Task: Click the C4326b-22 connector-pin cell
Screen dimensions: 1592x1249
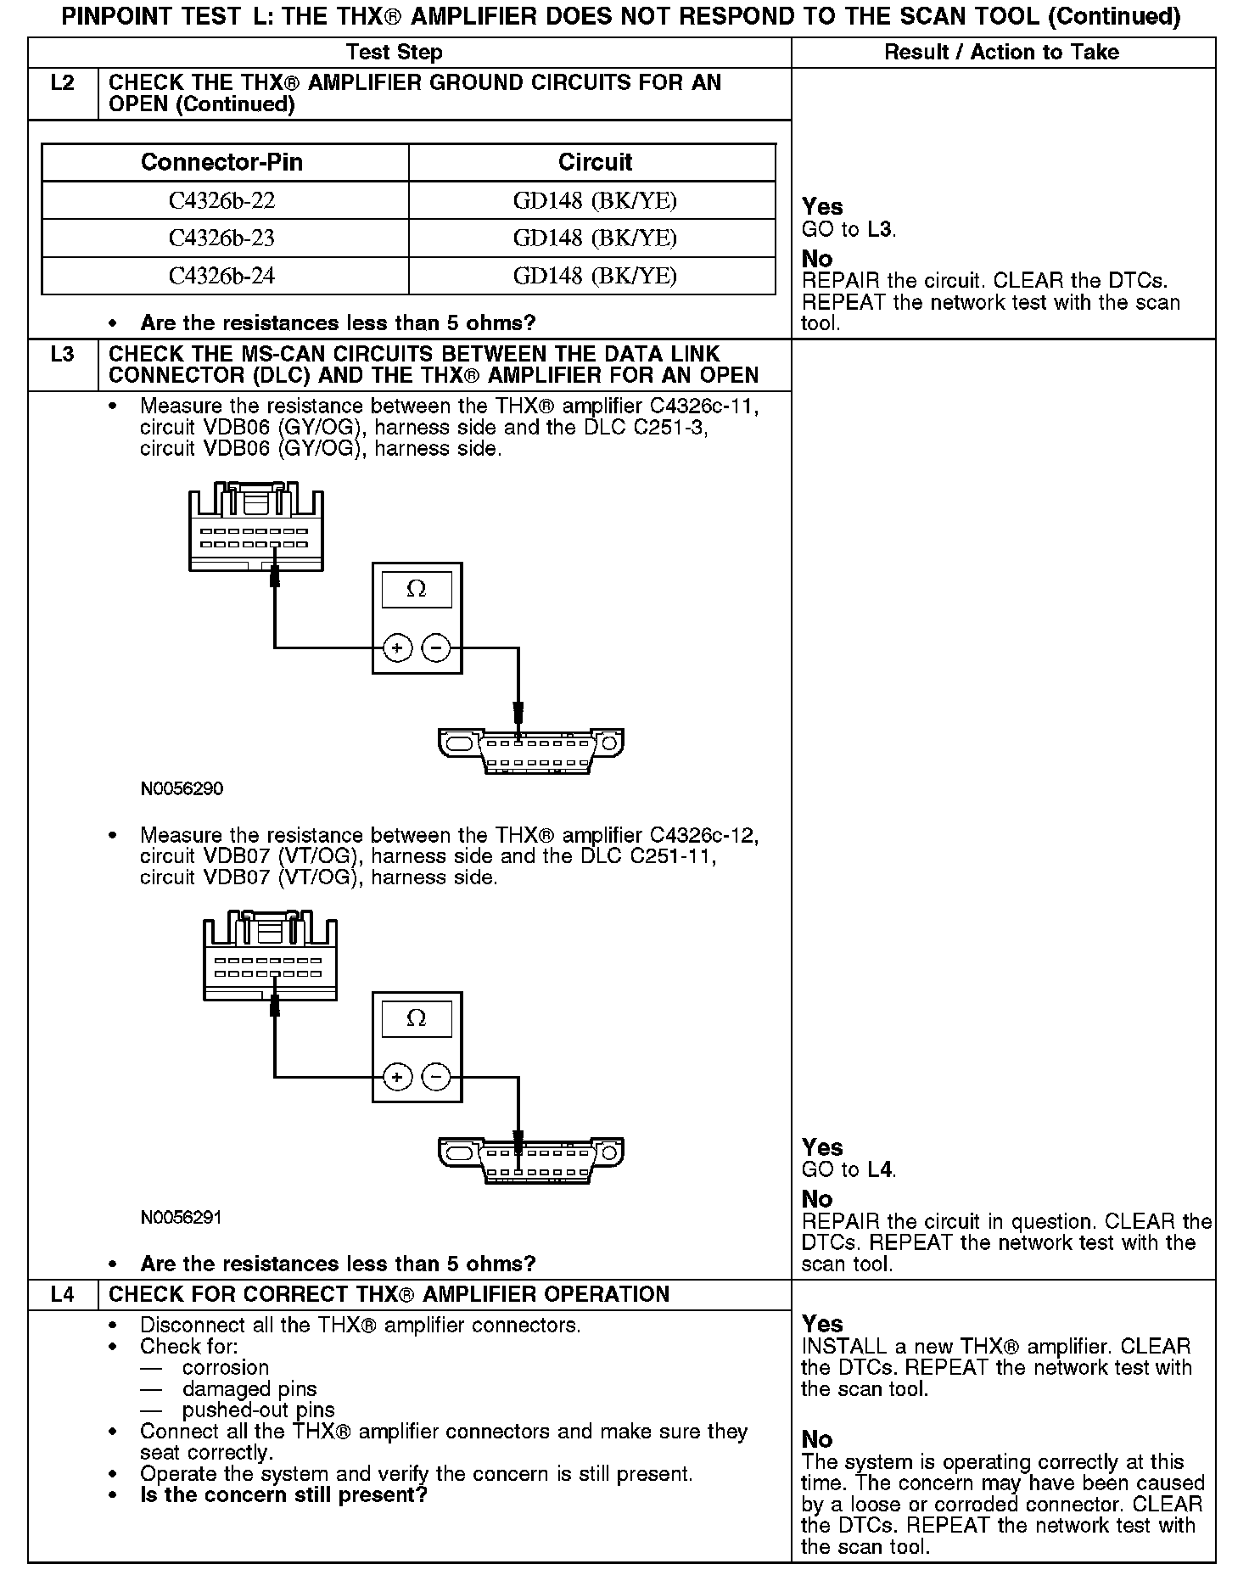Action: [x=221, y=201]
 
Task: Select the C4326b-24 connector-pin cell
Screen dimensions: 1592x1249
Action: [x=221, y=277]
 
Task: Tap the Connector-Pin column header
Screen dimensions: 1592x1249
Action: [x=221, y=162]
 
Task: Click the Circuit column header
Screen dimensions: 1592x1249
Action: [x=594, y=162]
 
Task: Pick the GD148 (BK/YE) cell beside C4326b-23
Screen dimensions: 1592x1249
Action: [x=594, y=238]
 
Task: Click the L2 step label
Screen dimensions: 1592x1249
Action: [x=63, y=83]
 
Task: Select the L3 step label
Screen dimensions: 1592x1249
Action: [x=63, y=355]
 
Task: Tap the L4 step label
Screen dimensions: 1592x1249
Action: [x=63, y=1295]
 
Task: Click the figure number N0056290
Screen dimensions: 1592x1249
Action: [x=182, y=789]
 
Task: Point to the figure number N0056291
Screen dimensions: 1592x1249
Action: [x=182, y=1219]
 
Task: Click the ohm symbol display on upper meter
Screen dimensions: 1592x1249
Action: [x=416, y=589]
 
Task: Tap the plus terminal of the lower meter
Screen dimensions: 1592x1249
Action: [x=397, y=1078]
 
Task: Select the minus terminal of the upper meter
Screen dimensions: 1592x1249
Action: [x=436, y=648]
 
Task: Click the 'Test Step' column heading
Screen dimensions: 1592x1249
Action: [x=395, y=53]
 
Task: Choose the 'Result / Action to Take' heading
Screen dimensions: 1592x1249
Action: [x=1001, y=53]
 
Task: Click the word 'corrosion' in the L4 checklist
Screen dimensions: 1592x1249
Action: [x=225, y=1368]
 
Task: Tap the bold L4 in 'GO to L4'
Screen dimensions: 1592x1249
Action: [x=880, y=1170]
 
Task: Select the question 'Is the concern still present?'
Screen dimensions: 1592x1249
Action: [x=283, y=1494]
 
